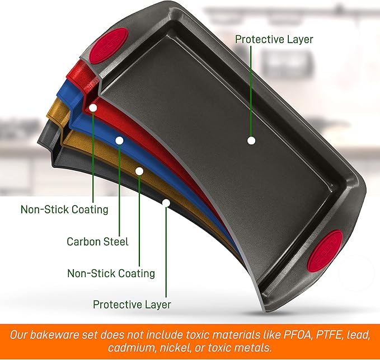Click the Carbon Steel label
(x=97, y=242)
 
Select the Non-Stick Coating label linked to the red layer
(x=64, y=209)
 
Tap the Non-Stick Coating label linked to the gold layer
(x=111, y=273)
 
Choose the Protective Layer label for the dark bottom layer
(x=132, y=305)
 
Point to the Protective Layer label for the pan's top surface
(x=274, y=39)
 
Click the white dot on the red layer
(x=93, y=108)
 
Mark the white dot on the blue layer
(x=119, y=141)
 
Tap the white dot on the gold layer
(x=139, y=171)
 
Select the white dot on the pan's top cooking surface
(x=251, y=141)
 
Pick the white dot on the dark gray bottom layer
(x=166, y=203)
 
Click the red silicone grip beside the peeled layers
(x=109, y=46)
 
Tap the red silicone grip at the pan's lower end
(x=325, y=249)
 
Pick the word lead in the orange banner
(x=357, y=335)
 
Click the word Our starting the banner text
(x=18, y=335)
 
